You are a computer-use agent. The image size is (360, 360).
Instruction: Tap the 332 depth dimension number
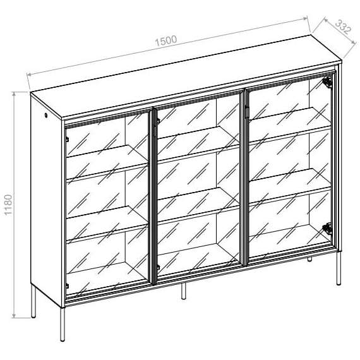coord(343,27)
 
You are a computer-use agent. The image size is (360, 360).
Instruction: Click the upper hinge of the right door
coord(327,82)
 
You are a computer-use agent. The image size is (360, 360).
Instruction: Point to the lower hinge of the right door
coord(327,229)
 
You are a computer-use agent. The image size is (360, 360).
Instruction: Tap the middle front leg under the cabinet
coord(183,291)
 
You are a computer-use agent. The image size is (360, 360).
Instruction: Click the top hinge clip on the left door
coord(67,136)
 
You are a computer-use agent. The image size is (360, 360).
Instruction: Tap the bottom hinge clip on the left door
coord(67,285)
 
